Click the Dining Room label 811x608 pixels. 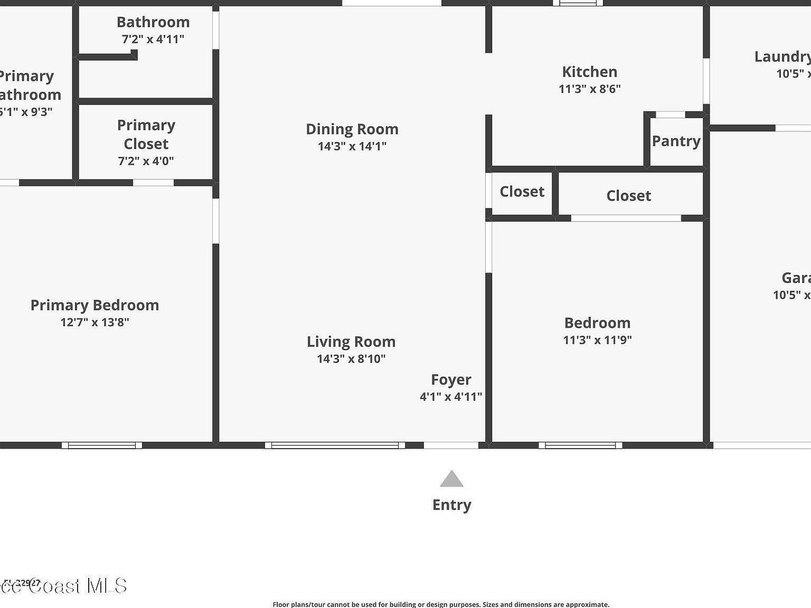[x=352, y=129]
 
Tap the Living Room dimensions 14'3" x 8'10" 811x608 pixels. [x=351, y=359]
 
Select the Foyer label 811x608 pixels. [x=451, y=380]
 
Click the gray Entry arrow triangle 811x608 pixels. [x=451, y=479]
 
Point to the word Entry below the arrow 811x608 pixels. [x=451, y=505]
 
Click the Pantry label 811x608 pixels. [x=676, y=141]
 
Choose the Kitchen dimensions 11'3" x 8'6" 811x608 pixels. [x=589, y=89]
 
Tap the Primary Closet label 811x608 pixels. [x=146, y=135]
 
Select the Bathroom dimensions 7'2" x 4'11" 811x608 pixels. [x=153, y=39]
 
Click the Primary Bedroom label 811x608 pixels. [x=95, y=305]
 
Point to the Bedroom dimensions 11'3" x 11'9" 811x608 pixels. [x=597, y=340]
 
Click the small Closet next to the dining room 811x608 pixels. [x=522, y=192]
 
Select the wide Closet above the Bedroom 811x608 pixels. [x=628, y=196]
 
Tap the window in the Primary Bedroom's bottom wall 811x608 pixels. [x=102, y=445]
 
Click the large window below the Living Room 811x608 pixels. [x=335, y=445]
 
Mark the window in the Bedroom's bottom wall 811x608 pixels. [x=580, y=445]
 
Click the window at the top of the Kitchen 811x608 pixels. [x=578, y=3]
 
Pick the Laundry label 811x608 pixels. [x=782, y=57]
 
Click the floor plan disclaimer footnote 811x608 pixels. [x=441, y=604]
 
